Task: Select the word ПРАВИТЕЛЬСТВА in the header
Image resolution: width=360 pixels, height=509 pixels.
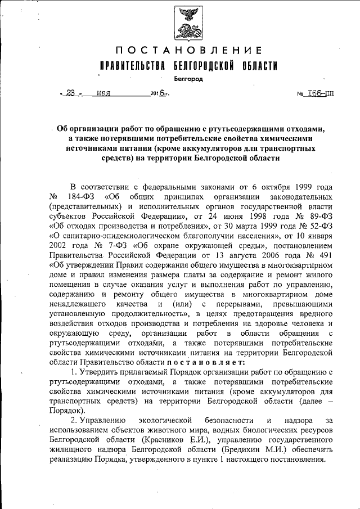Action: (132, 66)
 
